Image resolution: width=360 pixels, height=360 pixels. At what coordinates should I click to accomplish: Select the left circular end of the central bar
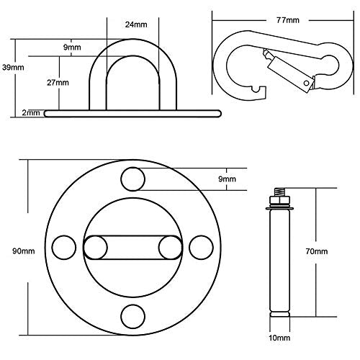95,246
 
